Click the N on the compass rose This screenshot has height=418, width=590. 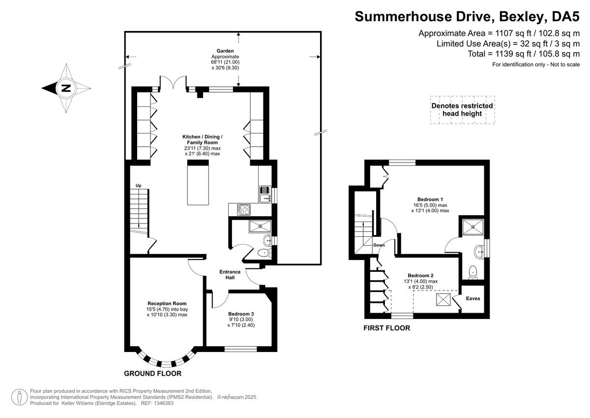[x=66, y=88]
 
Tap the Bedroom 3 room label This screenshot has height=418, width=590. [x=241, y=314]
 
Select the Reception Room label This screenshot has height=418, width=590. [x=167, y=304]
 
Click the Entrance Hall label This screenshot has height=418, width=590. [x=230, y=275]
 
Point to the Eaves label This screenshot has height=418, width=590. [x=473, y=298]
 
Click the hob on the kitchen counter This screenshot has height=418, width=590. [x=244, y=210]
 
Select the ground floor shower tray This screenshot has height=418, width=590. [x=260, y=226]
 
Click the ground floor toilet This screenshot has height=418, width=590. [x=265, y=253]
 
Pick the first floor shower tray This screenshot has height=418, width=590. [x=473, y=227]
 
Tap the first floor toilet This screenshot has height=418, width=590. [x=473, y=273]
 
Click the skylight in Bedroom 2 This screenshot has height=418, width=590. [x=443, y=299]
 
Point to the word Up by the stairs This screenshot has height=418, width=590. [x=139, y=186]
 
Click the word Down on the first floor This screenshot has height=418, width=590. [x=379, y=245]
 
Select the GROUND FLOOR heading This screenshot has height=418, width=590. [x=153, y=374]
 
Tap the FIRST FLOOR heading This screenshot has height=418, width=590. [x=386, y=328]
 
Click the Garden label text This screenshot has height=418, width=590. [x=225, y=51]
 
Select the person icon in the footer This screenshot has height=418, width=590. [x=19, y=397]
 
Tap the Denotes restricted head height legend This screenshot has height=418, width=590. [x=462, y=110]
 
